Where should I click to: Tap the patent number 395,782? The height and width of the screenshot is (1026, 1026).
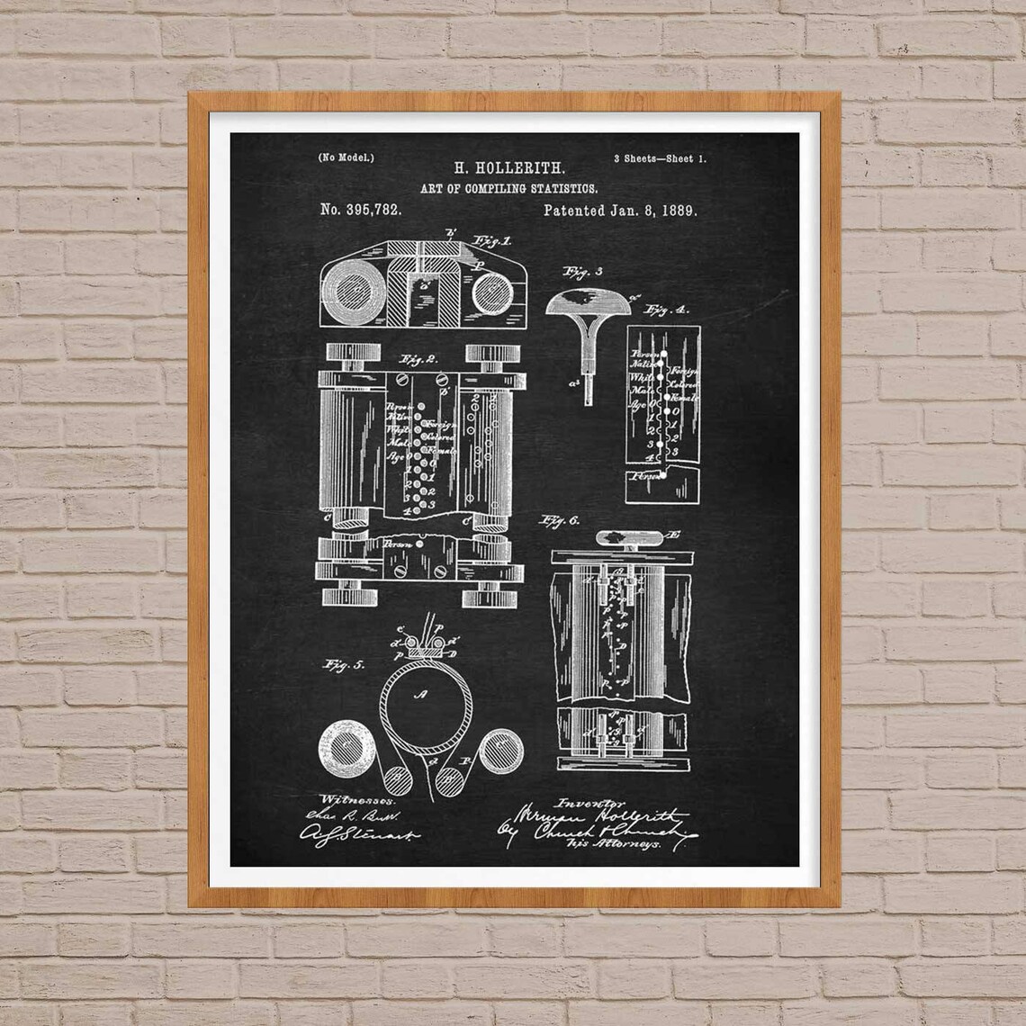point(360,210)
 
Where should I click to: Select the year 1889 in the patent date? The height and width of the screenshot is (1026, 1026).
point(679,211)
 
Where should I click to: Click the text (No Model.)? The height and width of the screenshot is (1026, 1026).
point(346,157)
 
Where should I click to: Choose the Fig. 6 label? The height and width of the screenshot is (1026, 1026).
point(560,521)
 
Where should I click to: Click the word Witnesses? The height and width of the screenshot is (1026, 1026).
point(347,799)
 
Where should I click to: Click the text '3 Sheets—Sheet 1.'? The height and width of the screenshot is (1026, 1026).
point(660,158)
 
